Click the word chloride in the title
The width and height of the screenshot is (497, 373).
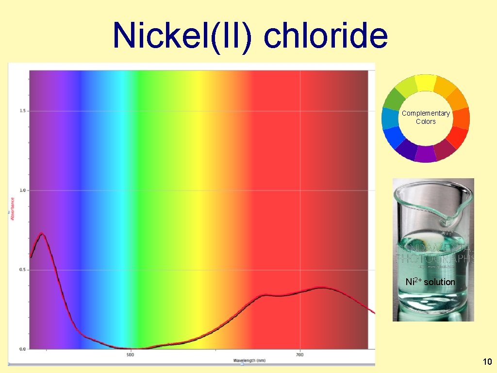(x=326, y=35)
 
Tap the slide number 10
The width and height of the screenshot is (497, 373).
(x=487, y=361)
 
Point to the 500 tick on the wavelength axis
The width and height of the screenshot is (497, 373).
(x=130, y=355)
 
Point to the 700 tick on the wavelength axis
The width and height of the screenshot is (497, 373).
(x=299, y=355)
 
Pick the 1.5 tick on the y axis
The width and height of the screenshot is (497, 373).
(x=22, y=111)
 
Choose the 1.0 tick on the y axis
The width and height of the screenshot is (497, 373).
(x=22, y=190)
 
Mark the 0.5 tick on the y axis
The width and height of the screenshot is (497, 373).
(x=22, y=270)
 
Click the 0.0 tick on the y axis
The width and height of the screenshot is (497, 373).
(x=22, y=349)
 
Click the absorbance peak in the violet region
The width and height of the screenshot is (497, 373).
(x=42, y=234)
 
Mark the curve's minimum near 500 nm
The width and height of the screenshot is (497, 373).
(x=133, y=348)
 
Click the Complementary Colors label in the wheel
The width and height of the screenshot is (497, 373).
(x=426, y=117)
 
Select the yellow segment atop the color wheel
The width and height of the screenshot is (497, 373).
(x=426, y=82)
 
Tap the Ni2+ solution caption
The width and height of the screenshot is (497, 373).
(x=430, y=282)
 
